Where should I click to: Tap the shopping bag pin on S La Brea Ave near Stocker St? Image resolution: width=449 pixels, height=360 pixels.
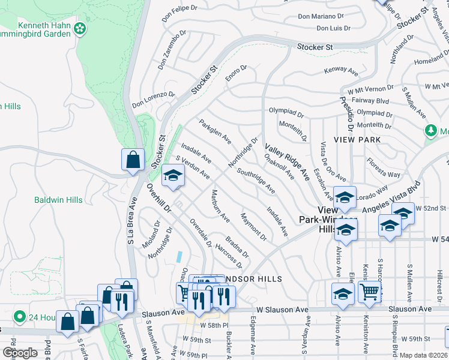133,160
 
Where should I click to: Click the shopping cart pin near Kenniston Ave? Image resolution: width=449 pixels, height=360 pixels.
370,292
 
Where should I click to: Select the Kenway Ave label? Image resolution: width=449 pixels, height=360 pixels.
340,70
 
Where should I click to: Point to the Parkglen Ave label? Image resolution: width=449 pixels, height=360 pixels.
215,131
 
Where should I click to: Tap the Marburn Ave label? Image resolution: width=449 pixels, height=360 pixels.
220,206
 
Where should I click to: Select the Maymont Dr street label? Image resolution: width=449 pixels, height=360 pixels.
253,226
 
